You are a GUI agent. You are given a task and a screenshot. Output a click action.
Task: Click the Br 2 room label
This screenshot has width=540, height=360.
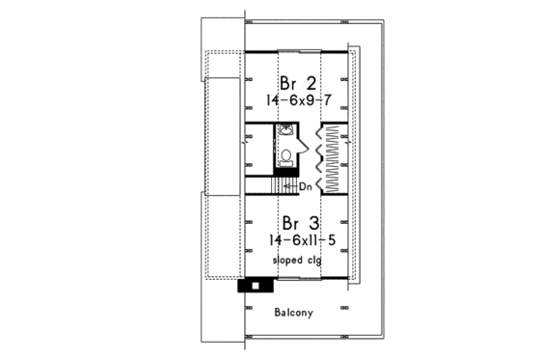(x=297, y=80)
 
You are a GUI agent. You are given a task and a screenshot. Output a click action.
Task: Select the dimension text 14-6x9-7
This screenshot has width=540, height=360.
(x=297, y=98)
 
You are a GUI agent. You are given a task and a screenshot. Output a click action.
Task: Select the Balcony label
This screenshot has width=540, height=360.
(x=294, y=312)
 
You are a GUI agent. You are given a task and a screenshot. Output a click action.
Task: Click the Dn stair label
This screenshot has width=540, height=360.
(x=305, y=185)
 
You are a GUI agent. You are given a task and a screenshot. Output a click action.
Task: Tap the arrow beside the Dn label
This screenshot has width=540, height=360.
(x=290, y=185)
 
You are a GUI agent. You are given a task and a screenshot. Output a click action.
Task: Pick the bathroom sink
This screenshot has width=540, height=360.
(x=286, y=132)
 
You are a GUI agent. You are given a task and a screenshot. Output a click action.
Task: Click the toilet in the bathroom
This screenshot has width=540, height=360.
(x=286, y=156)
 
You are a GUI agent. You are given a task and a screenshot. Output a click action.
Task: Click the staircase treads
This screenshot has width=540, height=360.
(x=279, y=185)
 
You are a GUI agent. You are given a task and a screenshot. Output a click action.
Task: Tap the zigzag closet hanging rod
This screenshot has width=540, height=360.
(x=333, y=158)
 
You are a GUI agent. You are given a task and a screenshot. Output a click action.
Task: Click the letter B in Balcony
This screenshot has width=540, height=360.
(x=277, y=312)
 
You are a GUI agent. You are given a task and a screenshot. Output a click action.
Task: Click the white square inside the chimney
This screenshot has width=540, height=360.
(x=256, y=285)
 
